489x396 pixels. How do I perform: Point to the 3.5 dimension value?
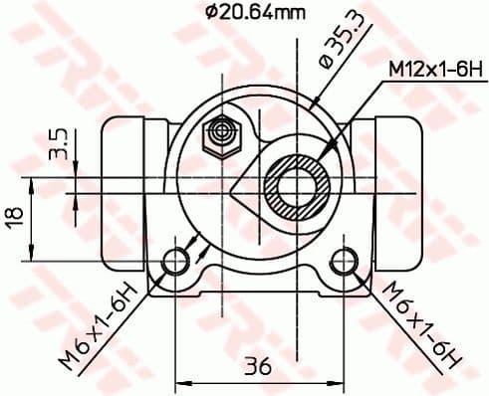tap(57, 142)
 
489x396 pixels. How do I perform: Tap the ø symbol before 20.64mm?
tap(211, 12)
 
